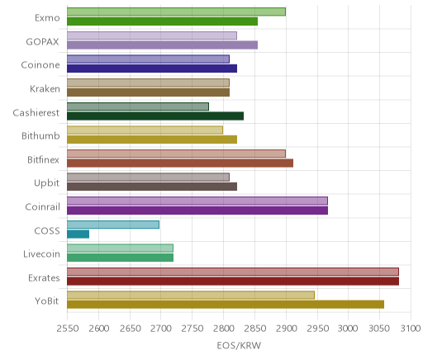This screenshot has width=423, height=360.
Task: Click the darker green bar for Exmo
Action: (162, 21)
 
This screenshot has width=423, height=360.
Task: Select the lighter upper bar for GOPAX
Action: (152, 36)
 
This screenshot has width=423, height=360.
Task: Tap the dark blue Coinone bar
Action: (152, 69)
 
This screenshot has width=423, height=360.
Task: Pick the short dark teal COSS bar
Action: (78, 234)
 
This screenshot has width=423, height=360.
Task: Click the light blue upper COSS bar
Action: (113, 225)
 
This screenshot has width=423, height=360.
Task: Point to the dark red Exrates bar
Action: (233, 282)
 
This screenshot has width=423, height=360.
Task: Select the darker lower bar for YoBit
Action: (226, 305)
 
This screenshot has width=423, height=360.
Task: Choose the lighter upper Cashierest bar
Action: (138, 107)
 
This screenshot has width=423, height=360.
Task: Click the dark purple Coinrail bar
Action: (197, 211)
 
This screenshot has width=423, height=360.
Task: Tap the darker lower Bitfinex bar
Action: (180, 163)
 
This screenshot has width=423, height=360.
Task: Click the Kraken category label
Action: (45, 89)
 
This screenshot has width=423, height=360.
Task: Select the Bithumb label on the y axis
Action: (40, 135)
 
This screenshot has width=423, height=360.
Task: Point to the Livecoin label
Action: (41, 253)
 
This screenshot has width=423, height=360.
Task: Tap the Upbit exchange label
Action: (46, 183)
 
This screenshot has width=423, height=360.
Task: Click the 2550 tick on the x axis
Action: (68, 329)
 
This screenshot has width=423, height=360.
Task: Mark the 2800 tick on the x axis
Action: (224, 329)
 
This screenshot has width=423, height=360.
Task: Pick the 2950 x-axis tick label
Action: (317, 329)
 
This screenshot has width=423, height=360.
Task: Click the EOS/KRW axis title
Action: (239, 345)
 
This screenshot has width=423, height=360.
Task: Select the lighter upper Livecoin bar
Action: (120, 248)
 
